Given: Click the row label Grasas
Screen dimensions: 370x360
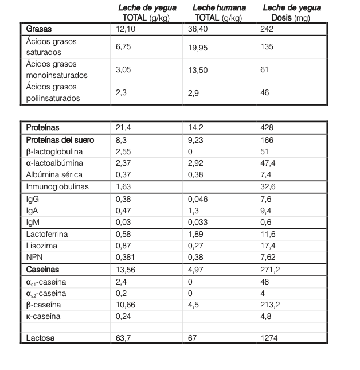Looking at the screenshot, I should click(39, 29).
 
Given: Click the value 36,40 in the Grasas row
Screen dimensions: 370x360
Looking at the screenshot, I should click(198, 29).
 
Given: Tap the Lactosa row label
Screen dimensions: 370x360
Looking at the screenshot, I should click(41, 338).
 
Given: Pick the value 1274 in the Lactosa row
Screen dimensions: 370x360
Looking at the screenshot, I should click(268, 338).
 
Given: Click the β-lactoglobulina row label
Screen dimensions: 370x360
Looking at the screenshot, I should click(54, 152).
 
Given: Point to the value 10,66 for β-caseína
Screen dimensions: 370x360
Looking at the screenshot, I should click(127, 305).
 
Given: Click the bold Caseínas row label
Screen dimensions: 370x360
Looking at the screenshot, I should click(44, 269).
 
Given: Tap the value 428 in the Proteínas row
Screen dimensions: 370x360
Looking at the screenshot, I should click(266, 127).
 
